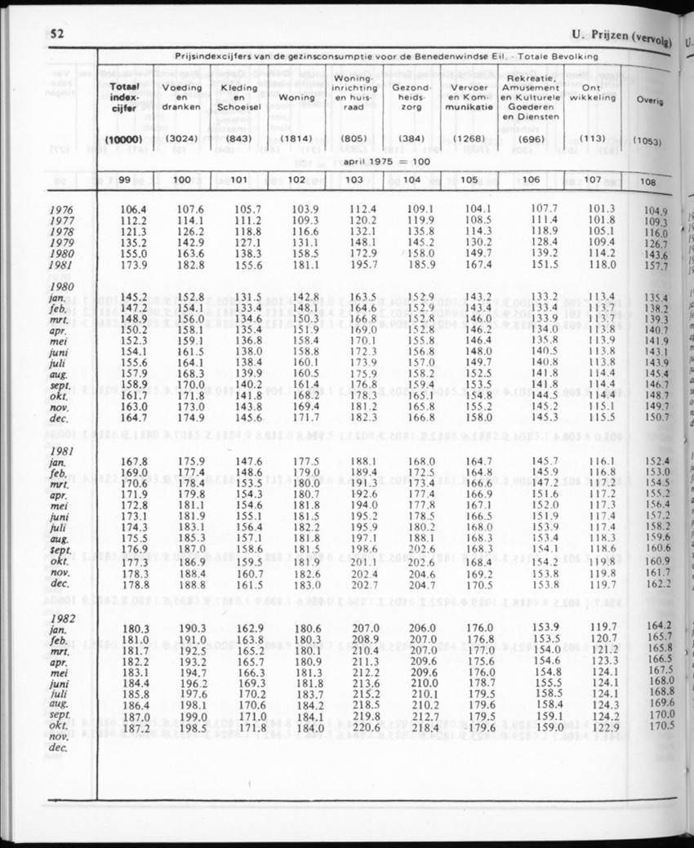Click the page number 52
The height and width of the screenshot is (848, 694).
click(x=57, y=35)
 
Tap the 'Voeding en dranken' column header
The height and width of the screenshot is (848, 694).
click(x=182, y=97)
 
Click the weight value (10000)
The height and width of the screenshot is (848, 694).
click(x=123, y=140)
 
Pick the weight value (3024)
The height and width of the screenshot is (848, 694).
click(x=182, y=139)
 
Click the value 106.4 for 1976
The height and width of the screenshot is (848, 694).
click(x=133, y=209)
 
